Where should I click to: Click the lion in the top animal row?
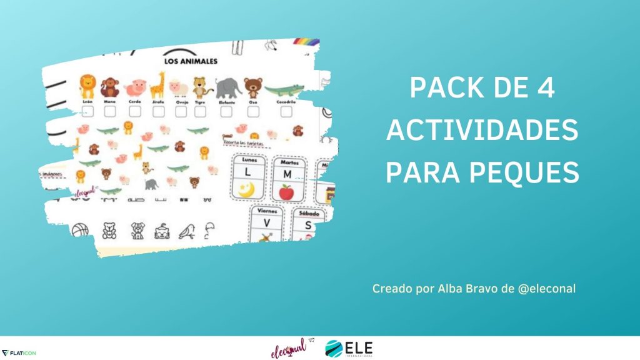tap(87, 86)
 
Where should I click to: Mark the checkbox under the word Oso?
tap(252, 111)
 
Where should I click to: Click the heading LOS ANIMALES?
tap(191, 61)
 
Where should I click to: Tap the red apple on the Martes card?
tap(286, 192)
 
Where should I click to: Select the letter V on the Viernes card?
tap(266, 223)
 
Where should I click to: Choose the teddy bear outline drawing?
tap(109, 231)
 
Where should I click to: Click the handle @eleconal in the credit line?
tap(542, 289)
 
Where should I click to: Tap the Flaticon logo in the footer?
tap(19, 353)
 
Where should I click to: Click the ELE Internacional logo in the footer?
tap(348, 349)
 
